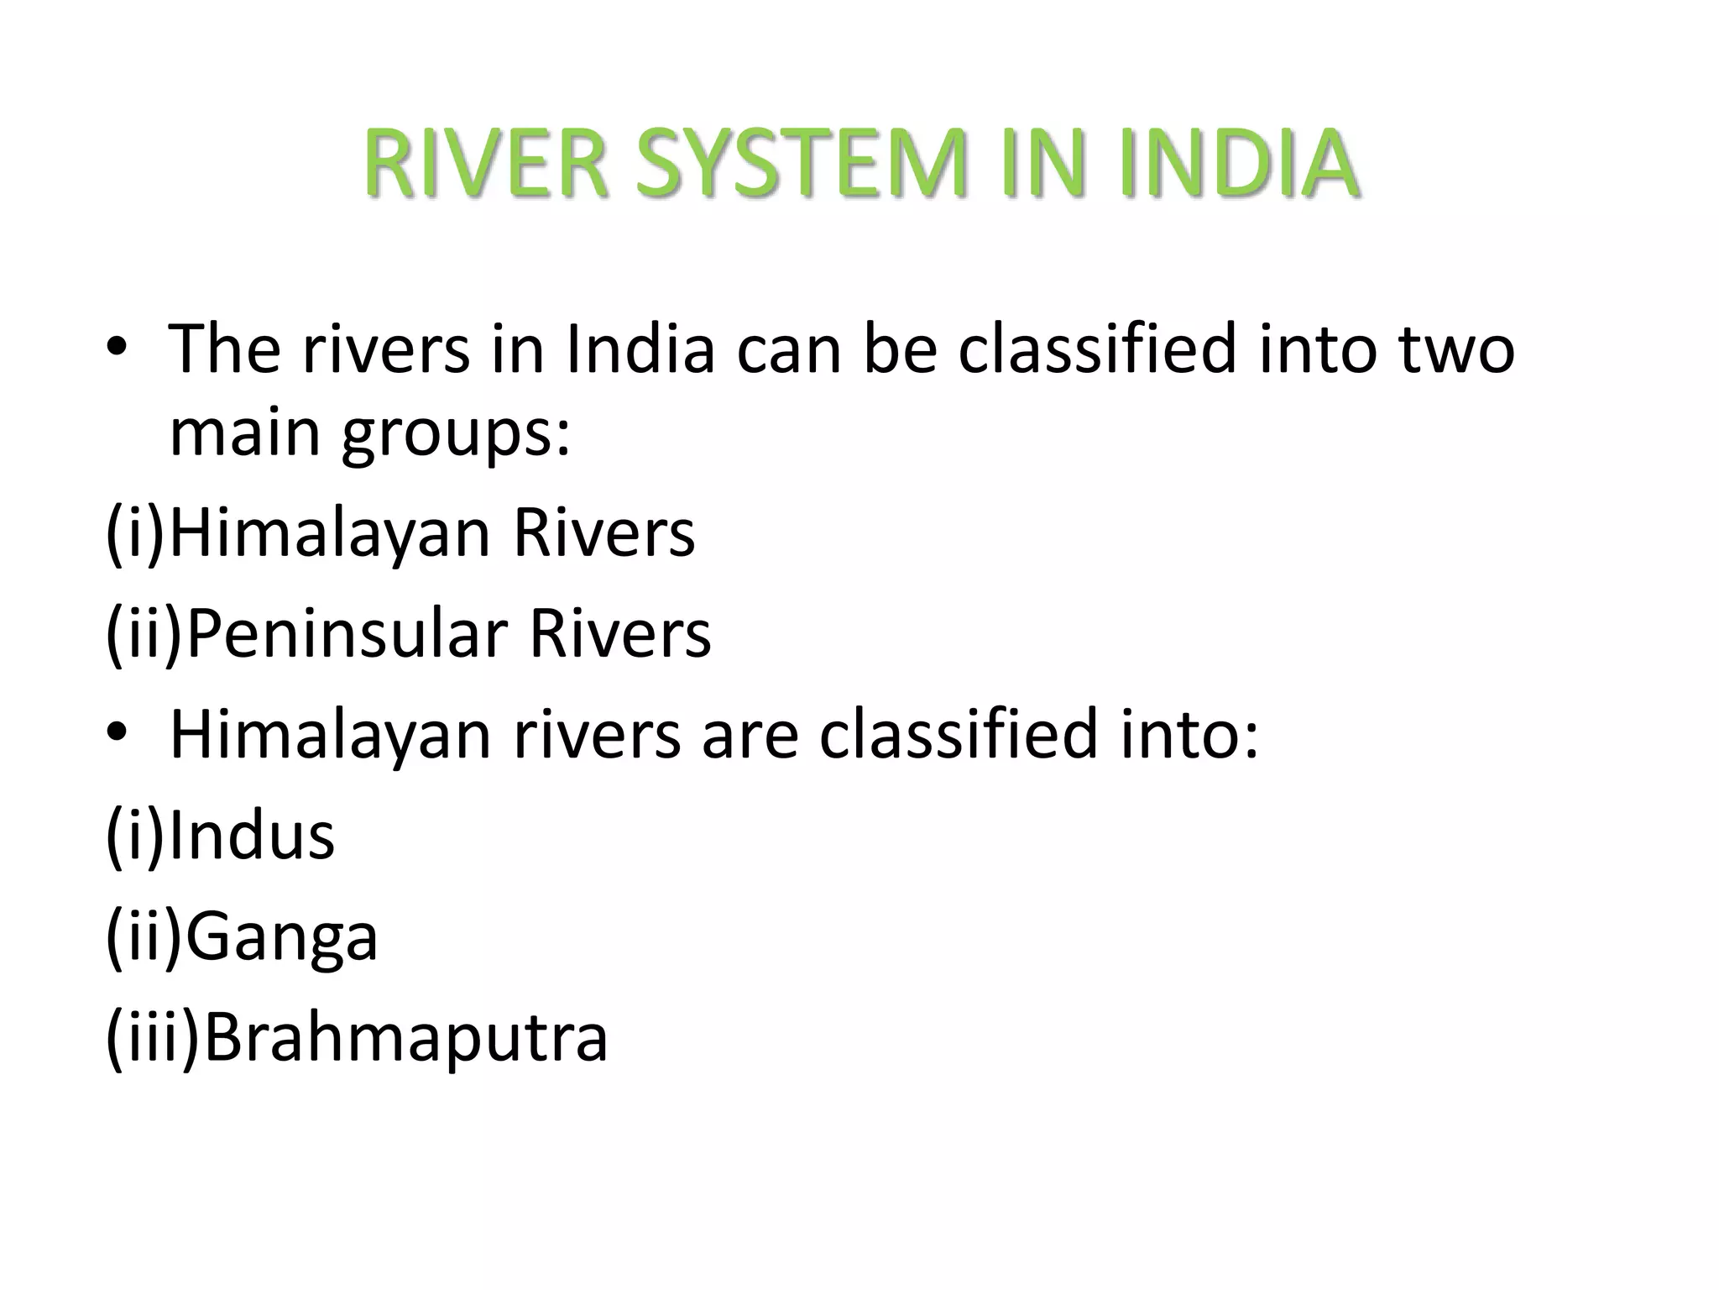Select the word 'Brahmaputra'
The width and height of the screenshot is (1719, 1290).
coord(405,1037)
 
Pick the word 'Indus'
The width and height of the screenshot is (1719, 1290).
coord(252,836)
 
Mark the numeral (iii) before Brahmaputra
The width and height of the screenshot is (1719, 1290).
coord(153,1037)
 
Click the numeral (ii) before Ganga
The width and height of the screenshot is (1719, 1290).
coord(144,936)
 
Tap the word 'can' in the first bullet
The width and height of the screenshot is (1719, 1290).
coord(788,351)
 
